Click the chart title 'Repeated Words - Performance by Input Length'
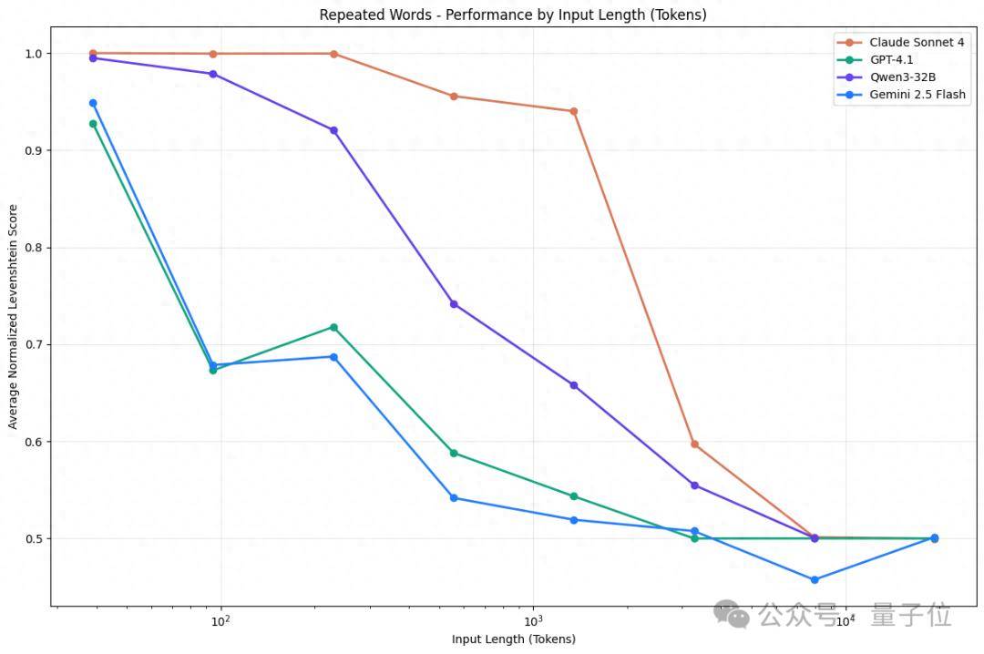(x=512, y=15)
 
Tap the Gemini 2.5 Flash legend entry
(x=917, y=95)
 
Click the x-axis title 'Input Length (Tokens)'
(x=513, y=639)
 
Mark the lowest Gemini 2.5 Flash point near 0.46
(x=815, y=579)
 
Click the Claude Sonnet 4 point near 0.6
(x=694, y=445)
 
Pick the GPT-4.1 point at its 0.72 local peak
(x=333, y=327)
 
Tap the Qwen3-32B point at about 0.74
(x=454, y=304)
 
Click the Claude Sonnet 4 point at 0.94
(x=574, y=111)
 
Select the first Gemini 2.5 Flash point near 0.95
(x=93, y=103)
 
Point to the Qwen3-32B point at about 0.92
(x=333, y=130)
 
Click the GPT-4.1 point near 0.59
(x=454, y=453)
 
